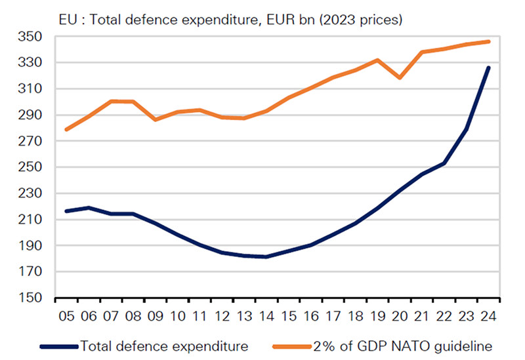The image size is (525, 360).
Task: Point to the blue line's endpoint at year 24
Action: tap(488, 68)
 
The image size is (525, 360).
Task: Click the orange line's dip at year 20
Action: tap(400, 77)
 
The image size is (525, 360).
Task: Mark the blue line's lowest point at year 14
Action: tap(266, 256)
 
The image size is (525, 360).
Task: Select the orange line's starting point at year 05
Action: tap(66, 129)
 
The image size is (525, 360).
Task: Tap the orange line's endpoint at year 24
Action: tap(488, 42)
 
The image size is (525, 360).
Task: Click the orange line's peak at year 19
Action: tap(377, 60)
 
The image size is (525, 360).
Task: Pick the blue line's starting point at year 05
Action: tap(66, 210)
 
